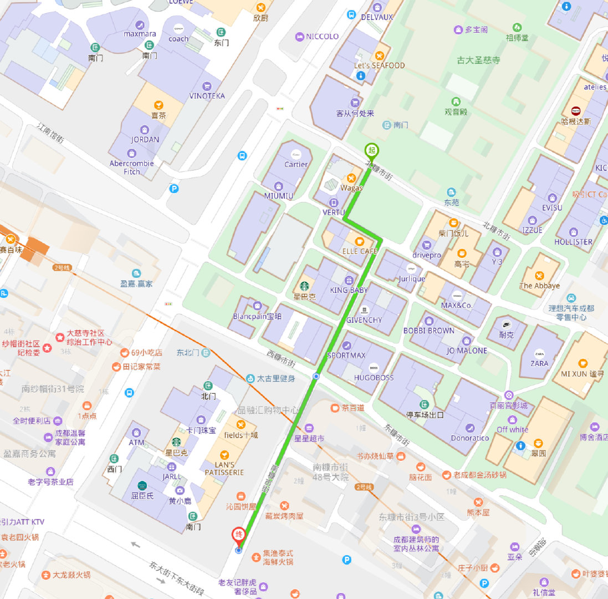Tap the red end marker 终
[238, 535]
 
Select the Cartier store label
[296, 164]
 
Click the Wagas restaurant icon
[351, 178]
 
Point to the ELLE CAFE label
[360, 251]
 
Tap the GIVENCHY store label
[364, 320]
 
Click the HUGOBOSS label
[374, 378]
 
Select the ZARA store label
[539, 363]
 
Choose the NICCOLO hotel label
[322, 37]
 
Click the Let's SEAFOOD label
[379, 65]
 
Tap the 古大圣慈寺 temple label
[479, 60]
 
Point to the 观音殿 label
[456, 111]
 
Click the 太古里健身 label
[275, 378]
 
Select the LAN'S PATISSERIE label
[224, 469]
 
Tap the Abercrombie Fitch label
[132, 167]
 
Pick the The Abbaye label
[539, 286]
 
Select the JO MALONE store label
[467, 351]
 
